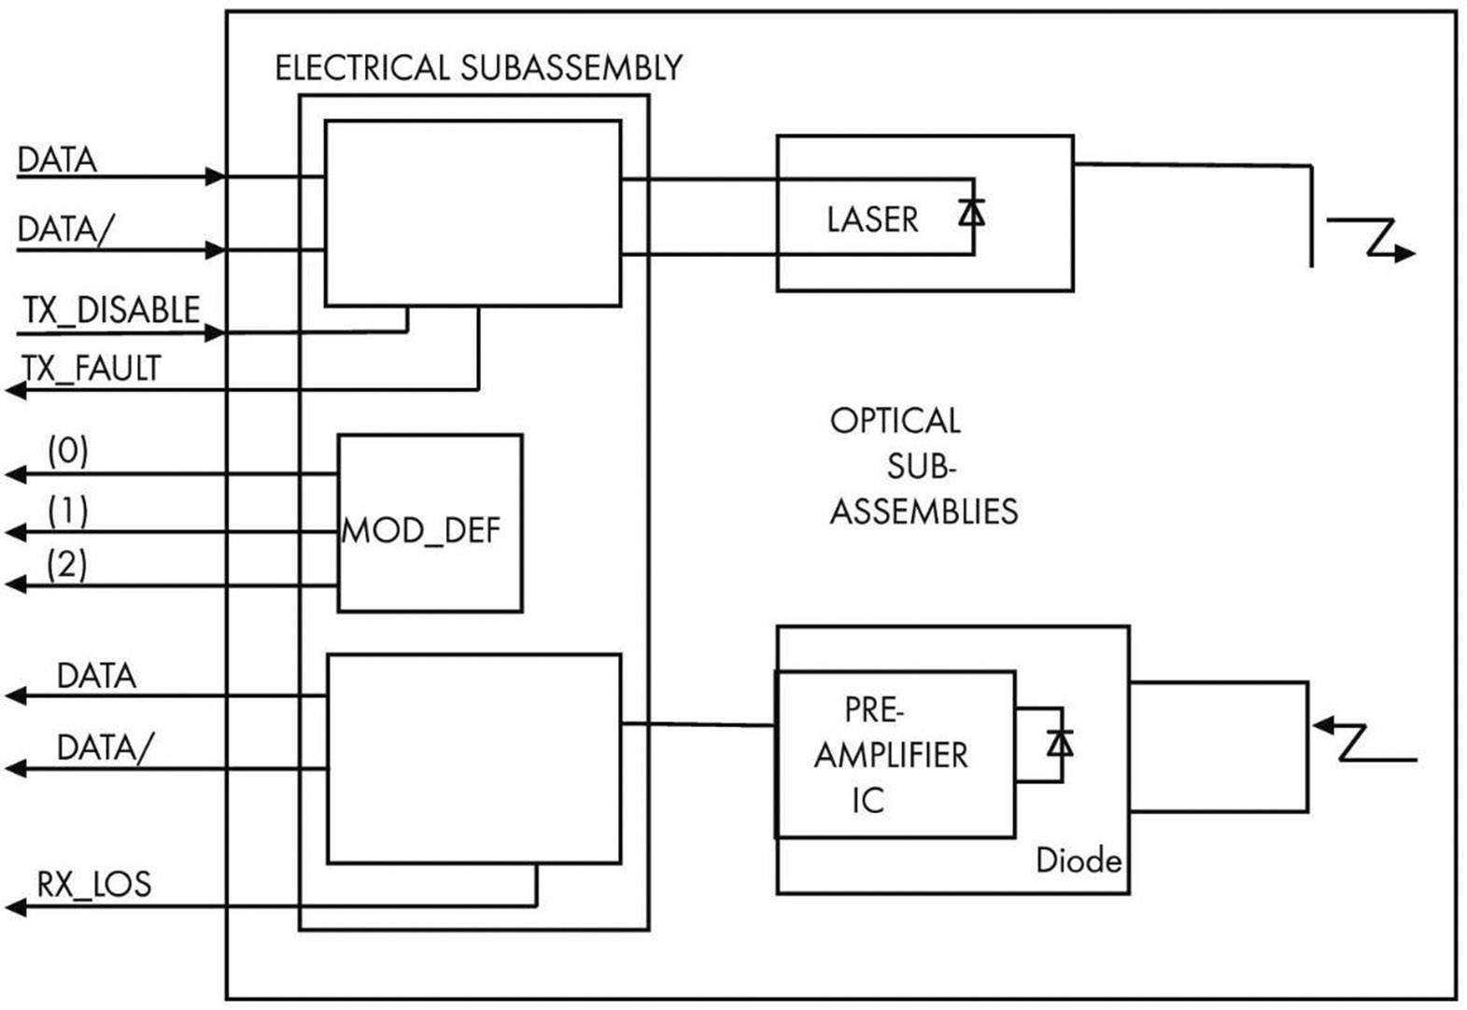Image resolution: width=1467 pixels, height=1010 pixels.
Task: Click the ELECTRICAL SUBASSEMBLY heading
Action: (x=478, y=68)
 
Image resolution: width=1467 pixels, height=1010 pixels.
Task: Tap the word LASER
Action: (x=872, y=219)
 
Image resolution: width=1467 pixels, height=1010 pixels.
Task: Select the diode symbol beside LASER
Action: (x=971, y=214)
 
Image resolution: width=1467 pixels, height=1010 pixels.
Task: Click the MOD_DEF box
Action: (x=430, y=523)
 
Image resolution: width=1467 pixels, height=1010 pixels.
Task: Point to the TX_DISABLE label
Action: (x=111, y=310)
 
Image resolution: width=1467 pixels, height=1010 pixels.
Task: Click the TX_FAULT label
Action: (x=92, y=369)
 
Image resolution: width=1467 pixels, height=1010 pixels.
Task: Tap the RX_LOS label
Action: (x=93, y=884)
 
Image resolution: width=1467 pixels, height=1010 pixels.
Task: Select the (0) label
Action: (x=68, y=452)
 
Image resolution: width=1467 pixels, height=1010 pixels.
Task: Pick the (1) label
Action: (x=68, y=511)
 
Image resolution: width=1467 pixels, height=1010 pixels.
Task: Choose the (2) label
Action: (x=67, y=565)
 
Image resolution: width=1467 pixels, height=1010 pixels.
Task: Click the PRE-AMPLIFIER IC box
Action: (x=894, y=754)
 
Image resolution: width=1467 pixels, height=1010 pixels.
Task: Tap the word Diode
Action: (x=1079, y=860)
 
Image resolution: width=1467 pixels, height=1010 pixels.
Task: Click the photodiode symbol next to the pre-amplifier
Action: (x=1059, y=744)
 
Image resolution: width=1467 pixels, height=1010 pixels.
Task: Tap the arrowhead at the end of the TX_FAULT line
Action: (x=15, y=390)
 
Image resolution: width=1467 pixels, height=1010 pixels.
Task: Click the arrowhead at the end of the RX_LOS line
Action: (x=15, y=906)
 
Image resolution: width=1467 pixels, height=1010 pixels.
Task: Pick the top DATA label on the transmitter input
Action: (x=57, y=160)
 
